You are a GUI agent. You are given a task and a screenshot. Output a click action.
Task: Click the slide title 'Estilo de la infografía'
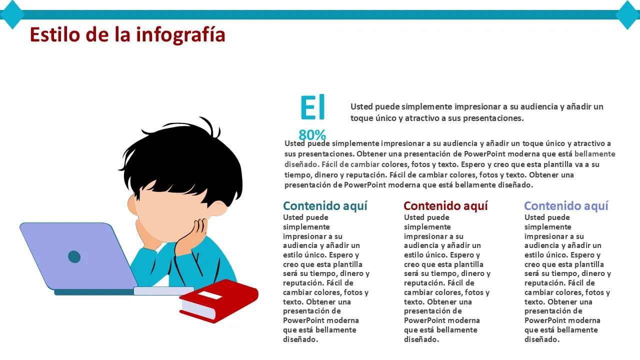click(127, 35)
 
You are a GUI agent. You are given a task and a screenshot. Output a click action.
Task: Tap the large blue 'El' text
click(312, 107)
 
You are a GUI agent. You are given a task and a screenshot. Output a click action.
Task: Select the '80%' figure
click(312, 135)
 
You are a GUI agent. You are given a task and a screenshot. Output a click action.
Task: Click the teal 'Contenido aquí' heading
click(325, 206)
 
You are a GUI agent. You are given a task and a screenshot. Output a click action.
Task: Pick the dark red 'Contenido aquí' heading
click(445, 206)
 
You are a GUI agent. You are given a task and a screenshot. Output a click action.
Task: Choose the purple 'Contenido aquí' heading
click(566, 206)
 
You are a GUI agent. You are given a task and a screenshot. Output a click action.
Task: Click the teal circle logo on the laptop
click(74, 256)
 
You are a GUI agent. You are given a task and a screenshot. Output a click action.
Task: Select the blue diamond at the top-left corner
click(12, 14)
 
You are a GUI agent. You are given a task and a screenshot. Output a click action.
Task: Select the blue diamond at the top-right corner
click(628, 14)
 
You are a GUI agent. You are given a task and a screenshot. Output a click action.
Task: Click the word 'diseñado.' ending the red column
click(421, 339)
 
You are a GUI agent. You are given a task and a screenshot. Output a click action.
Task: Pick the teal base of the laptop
click(92, 292)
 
